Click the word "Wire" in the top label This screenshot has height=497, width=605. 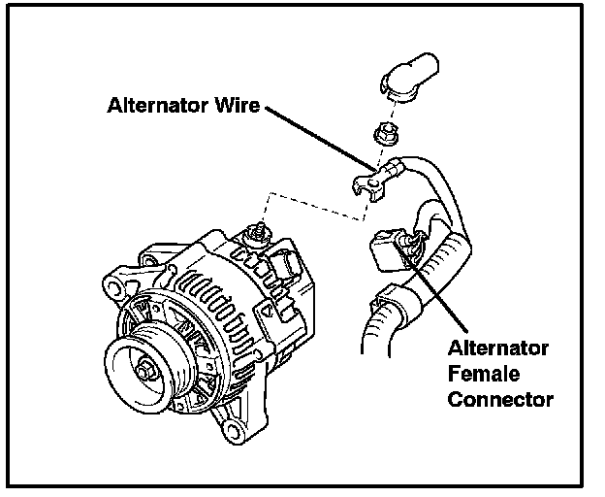(x=233, y=106)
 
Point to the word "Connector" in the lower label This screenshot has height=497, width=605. (x=500, y=398)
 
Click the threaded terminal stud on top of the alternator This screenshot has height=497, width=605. (x=258, y=231)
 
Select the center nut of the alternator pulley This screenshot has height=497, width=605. (x=148, y=369)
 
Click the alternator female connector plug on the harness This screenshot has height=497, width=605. (x=387, y=251)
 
